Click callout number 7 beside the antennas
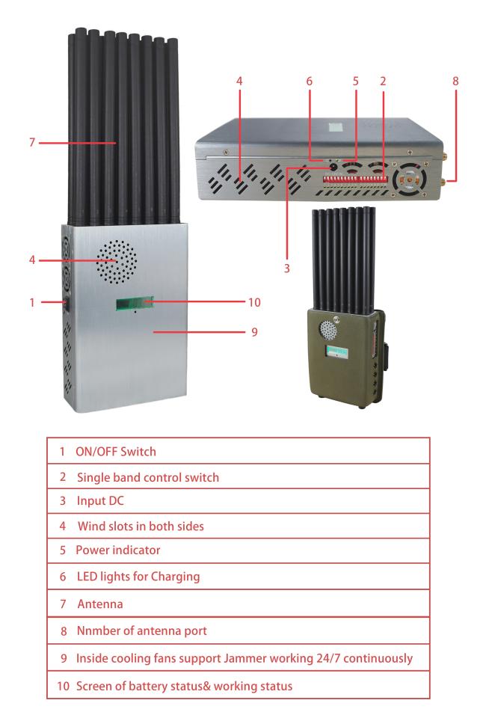(x=31, y=141)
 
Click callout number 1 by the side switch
(x=31, y=303)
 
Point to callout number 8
(x=455, y=79)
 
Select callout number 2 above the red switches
(x=383, y=79)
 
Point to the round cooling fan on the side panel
(x=411, y=180)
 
